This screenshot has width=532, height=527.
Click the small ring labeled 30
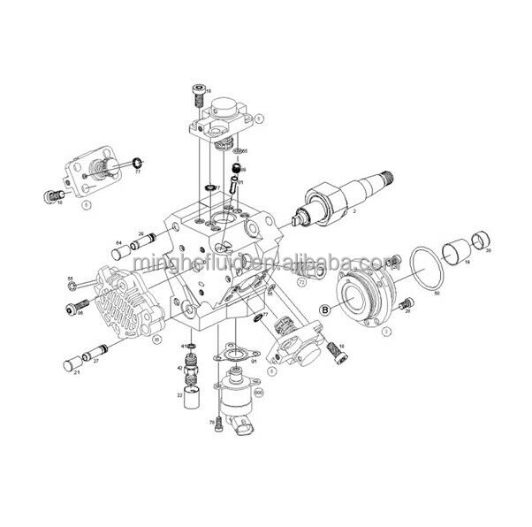pos(483,239)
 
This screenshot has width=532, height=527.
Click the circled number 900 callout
pos(259,390)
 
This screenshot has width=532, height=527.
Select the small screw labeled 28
pos(406,303)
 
